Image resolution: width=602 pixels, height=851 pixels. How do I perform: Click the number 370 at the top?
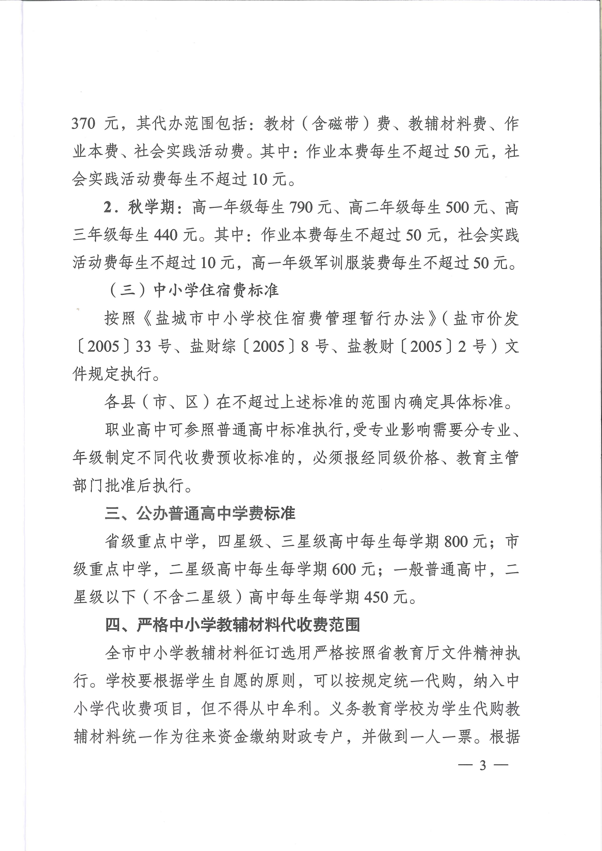point(83,123)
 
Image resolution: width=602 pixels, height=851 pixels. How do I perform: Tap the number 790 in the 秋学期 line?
point(301,207)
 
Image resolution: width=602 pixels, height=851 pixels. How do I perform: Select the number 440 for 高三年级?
point(165,235)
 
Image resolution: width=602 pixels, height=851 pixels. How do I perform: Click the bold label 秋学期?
point(152,207)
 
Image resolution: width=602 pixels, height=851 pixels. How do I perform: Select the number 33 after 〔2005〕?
point(143,347)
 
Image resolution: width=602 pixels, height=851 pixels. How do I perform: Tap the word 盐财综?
point(213,347)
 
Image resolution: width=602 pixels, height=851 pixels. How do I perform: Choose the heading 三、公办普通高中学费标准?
point(200,513)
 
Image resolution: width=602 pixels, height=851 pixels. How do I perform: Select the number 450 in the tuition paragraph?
point(376,597)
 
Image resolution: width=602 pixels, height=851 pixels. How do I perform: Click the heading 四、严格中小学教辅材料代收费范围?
point(233,625)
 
